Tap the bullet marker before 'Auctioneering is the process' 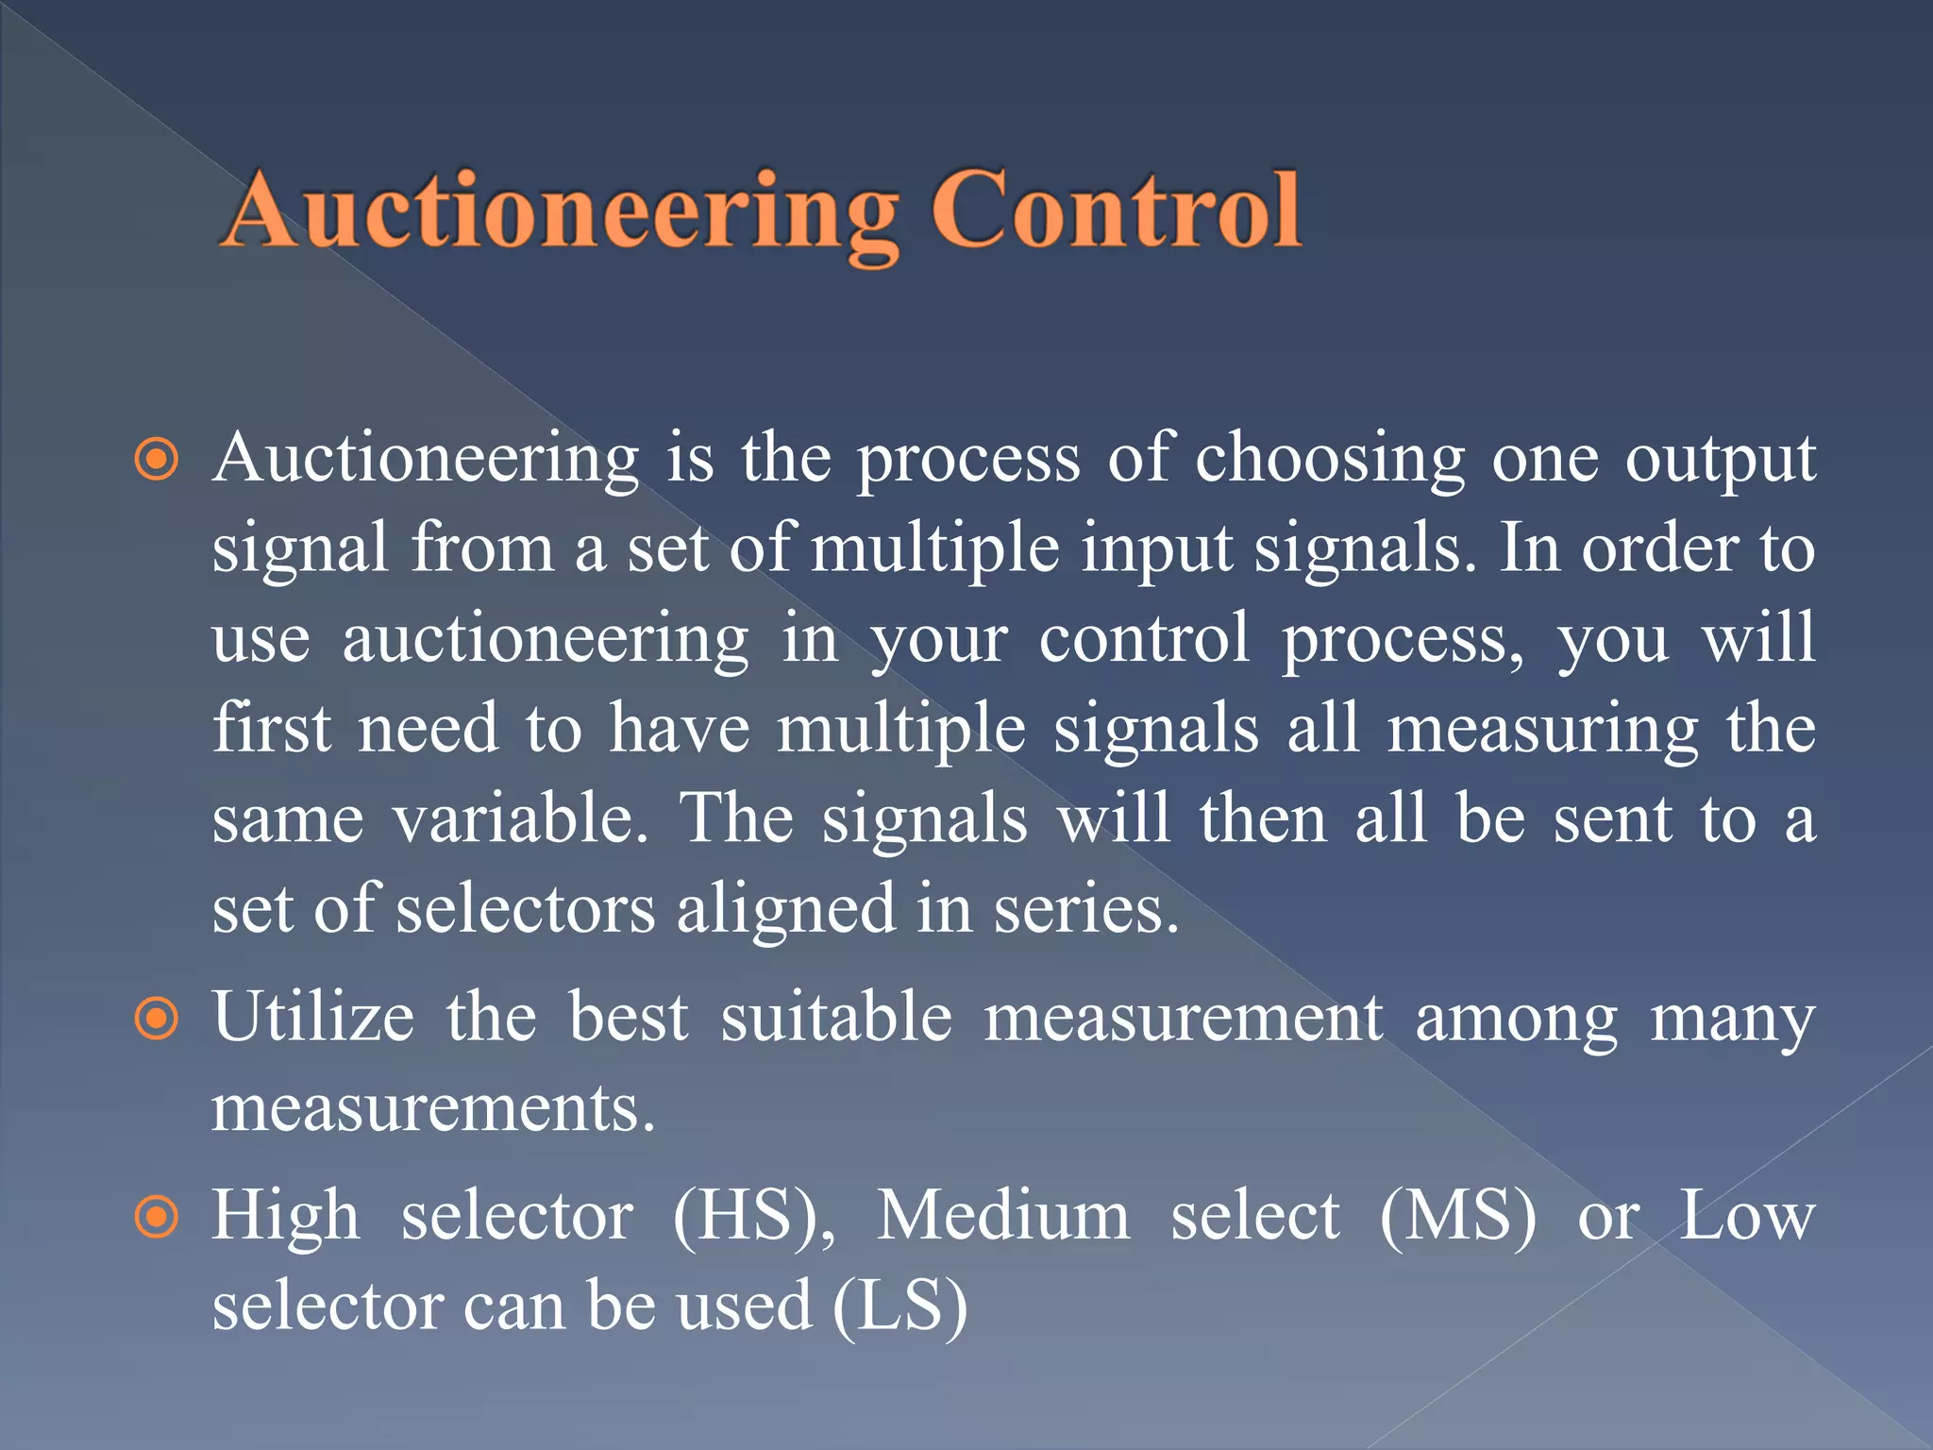click(157, 461)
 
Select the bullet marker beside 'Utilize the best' click(157, 1020)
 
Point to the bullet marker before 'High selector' click(157, 1218)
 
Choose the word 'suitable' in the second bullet click(836, 1018)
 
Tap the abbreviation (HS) click(753, 1216)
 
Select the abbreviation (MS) click(1458, 1216)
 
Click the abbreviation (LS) click(899, 1307)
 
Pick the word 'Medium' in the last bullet click(1003, 1216)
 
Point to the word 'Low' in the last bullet click(1746, 1216)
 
